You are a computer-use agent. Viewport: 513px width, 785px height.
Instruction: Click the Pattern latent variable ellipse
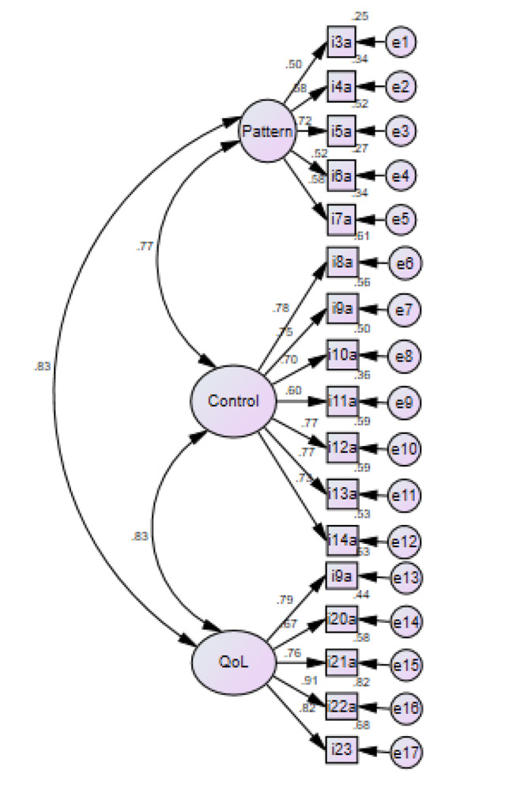coord(268,131)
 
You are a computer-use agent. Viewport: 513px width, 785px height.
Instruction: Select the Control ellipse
coord(233,402)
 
